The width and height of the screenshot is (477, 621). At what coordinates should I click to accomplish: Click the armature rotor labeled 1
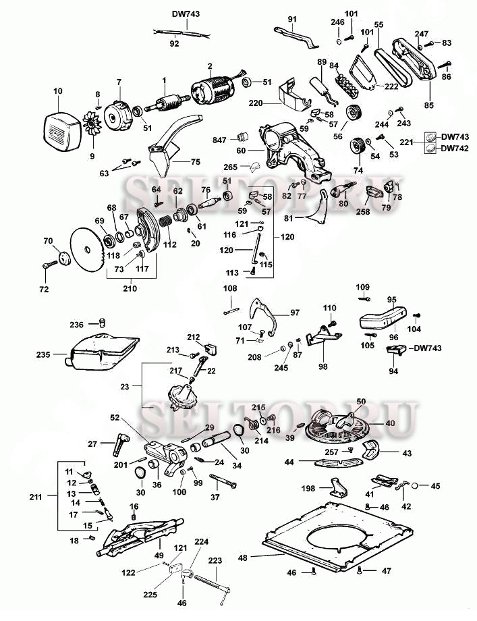167,103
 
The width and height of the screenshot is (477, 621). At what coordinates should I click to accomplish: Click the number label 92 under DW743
174,43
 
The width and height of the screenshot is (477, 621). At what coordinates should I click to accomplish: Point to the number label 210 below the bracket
130,289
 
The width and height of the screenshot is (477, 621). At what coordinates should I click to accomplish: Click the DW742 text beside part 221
456,149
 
